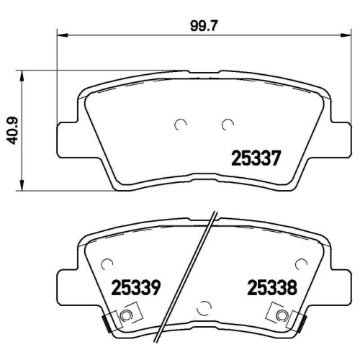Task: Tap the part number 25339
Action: coord(135,289)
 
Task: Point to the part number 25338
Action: coord(273,289)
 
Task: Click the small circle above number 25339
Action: coord(108,264)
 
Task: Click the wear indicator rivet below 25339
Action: coord(128,315)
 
